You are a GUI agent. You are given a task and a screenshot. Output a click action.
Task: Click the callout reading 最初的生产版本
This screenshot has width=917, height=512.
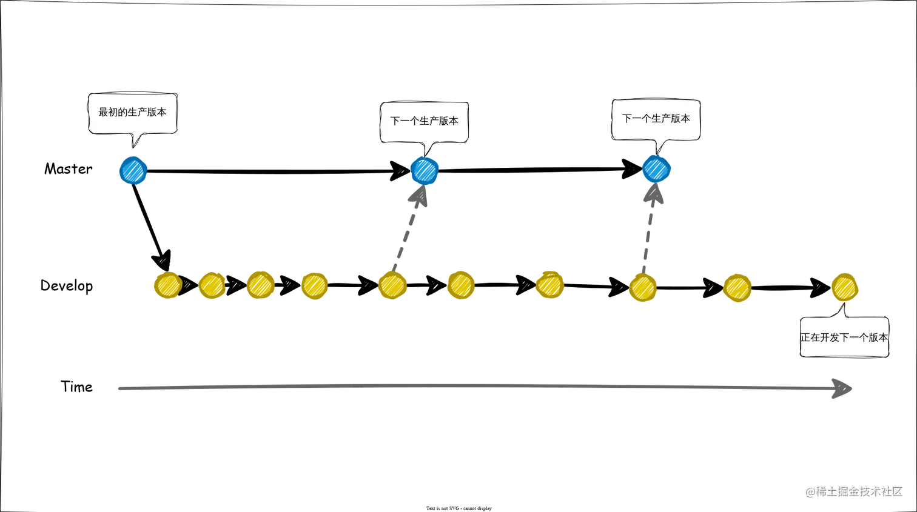(x=132, y=112)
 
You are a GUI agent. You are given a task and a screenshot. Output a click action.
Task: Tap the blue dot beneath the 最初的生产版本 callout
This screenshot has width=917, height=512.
(x=133, y=170)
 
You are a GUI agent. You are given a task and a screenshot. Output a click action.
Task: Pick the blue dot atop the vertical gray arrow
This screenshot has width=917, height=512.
(x=657, y=168)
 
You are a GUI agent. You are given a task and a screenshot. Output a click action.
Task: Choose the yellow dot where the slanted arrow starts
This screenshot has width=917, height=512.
(x=392, y=285)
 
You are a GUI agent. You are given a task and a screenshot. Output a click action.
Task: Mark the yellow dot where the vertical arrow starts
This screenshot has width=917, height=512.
(x=643, y=287)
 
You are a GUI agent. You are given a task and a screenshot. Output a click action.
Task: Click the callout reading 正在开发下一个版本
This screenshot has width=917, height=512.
(x=844, y=337)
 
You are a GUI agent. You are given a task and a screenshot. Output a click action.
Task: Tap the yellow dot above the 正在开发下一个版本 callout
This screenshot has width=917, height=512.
(x=844, y=287)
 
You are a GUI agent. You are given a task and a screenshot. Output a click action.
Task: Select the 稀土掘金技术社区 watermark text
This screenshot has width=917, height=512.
(x=859, y=491)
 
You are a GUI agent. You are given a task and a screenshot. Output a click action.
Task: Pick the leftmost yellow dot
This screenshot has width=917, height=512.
(x=166, y=285)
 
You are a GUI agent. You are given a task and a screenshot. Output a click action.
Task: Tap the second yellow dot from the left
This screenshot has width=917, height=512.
(x=212, y=285)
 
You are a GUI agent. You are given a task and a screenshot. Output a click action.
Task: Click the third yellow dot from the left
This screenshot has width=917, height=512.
(x=260, y=285)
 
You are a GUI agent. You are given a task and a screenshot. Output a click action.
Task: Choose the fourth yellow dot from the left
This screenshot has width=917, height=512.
(x=315, y=285)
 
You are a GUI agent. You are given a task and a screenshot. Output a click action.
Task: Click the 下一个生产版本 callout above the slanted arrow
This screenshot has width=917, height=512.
(x=424, y=121)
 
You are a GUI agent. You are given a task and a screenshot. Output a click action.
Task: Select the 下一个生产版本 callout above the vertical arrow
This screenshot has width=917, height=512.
(x=656, y=119)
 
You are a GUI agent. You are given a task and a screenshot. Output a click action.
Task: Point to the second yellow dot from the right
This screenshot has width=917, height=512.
(x=737, y=287)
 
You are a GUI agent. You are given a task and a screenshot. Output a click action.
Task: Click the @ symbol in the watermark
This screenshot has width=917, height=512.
(x=810, y=491)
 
